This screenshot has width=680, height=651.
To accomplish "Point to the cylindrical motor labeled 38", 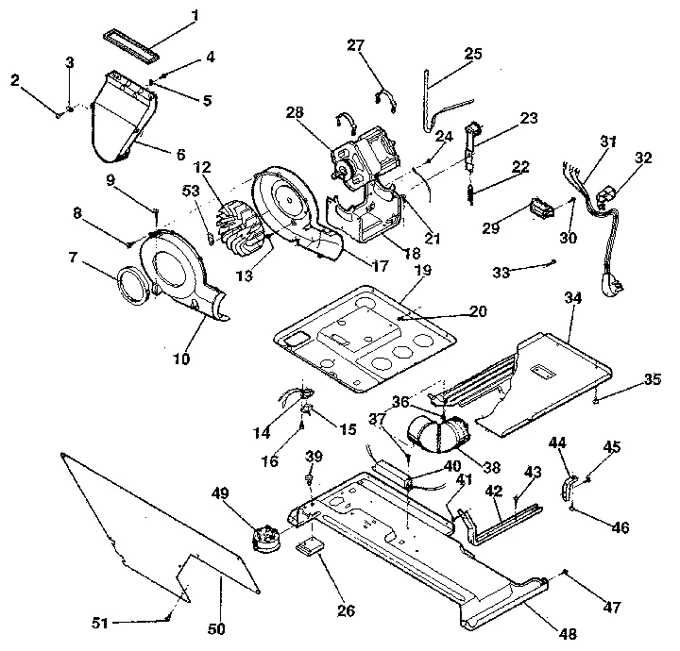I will click(438, 437).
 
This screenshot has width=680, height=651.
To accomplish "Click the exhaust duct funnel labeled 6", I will click(120, 123).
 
